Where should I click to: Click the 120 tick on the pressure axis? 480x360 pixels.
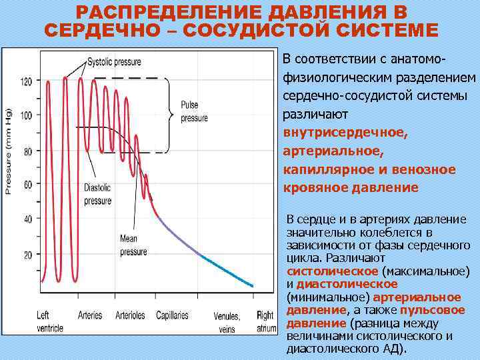[26, 81]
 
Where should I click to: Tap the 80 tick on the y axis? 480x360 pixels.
[27, 151]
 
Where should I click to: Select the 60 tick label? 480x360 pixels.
[27, 185]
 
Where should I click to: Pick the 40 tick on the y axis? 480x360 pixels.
[27, 220]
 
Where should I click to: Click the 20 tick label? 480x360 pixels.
[27, 255]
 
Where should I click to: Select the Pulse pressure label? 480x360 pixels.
[194, 112]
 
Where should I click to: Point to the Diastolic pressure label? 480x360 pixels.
[98, 194]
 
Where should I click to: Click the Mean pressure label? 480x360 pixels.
[133, 244]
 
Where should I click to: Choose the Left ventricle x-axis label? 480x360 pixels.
[51, 321]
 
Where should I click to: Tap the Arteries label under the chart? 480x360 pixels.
[90, 315]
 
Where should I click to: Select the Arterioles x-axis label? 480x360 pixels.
[131, 315]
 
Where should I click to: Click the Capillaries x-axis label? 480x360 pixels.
[172, 315]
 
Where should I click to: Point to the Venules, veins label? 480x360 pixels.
[227, 322]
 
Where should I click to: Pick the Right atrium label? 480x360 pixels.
[265, 321]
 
